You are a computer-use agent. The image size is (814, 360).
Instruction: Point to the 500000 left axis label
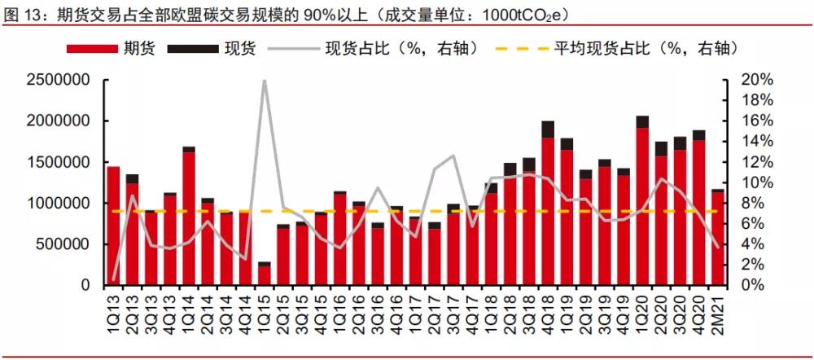64,244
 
